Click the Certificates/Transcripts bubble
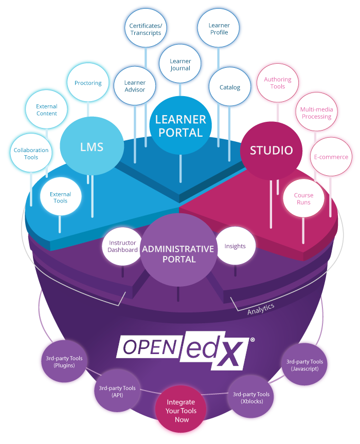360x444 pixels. pyautogui.click(x=146, y=29)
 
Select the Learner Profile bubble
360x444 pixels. pyautogui.click(x=219, y=29)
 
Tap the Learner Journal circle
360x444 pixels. pyautogui.click(x=180, y=65)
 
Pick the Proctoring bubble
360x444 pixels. pyautogui.click(x=88, y=83)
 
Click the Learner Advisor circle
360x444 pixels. pyautogui.click(x=135, y=86)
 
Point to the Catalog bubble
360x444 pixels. pyautogui.click(x=230, y=87)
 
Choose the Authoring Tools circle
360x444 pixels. pyautogui.click(x=278, y=83)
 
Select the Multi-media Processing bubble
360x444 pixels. pyautogui.click(x=316, y=113)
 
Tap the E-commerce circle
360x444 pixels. pyautogui.click(x=331, y=157)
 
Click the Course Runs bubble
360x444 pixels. pyautogui.click(x=303, y=199)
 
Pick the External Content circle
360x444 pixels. pyautogui.click(x=47, y=110)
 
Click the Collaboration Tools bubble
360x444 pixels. pyautogui.click(x=31, y=154)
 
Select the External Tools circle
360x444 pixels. pyautogui.click(x=61, y=197)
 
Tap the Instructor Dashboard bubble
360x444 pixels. pyautogui.click(x=122, y=246)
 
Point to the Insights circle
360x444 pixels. pyautogui.click(x=235, y=246)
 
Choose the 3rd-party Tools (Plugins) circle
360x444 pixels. pyautogui.click(x=61, y=362)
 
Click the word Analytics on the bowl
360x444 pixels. pyautogui.click(x=261, y=309)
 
